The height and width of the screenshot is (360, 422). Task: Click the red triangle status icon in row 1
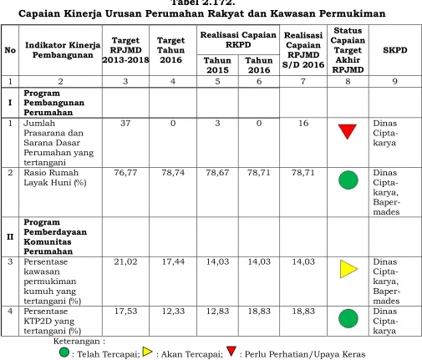point(348,131)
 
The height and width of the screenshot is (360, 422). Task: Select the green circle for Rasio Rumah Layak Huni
point(348,180)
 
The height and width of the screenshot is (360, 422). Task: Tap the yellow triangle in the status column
point(348,269)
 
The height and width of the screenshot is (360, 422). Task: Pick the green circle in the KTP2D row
point(348,318)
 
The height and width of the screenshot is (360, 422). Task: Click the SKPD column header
point(395,50)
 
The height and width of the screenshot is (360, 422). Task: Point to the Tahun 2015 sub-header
point(217,65)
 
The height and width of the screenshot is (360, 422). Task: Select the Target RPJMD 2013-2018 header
point(125,50)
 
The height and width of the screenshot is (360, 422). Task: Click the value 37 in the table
point(125,123)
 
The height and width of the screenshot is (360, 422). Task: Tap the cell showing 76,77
point(125,173)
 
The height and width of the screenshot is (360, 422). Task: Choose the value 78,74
point(173,173)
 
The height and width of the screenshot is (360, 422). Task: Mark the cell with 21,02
point(125,261)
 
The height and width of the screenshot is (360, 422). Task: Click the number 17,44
point(173,261)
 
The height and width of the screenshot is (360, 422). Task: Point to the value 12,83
point(217,311)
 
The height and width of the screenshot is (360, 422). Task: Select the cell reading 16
point(303,123)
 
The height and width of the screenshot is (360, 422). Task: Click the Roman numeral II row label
point(10,236)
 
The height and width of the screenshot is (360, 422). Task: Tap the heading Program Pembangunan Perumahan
point(54,103)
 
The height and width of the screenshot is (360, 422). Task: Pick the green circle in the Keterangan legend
point(64,352)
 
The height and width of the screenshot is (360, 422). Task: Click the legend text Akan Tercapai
point(192,354)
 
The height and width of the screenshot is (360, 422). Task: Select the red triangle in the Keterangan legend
point(231,351)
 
